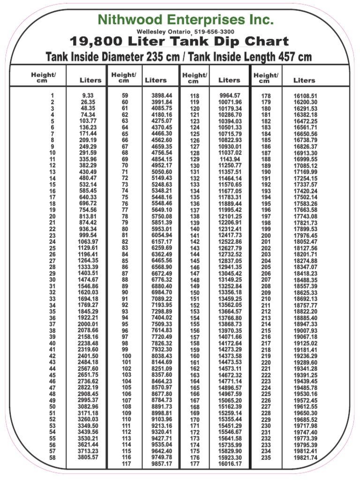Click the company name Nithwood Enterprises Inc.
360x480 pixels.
[x=185, y=20]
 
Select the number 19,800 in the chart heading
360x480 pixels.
[x=96, y=42]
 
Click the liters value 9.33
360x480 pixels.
[x=88, y=95]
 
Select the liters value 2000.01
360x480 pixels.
[x=88, y=324]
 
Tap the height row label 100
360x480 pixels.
[x=127, y=356]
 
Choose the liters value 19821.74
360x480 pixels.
[x=305, y=457]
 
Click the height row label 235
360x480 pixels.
[x=266, y=458]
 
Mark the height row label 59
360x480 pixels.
[x=125, y=96]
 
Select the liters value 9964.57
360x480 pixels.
[x=230, y=96]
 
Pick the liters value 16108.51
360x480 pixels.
[x=305, y=96]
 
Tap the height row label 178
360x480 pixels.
[x=266, y=96]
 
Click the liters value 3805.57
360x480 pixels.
[x=88, y=457]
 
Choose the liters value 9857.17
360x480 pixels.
[x=161, y=464]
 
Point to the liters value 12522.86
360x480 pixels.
[x=230, y=241]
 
